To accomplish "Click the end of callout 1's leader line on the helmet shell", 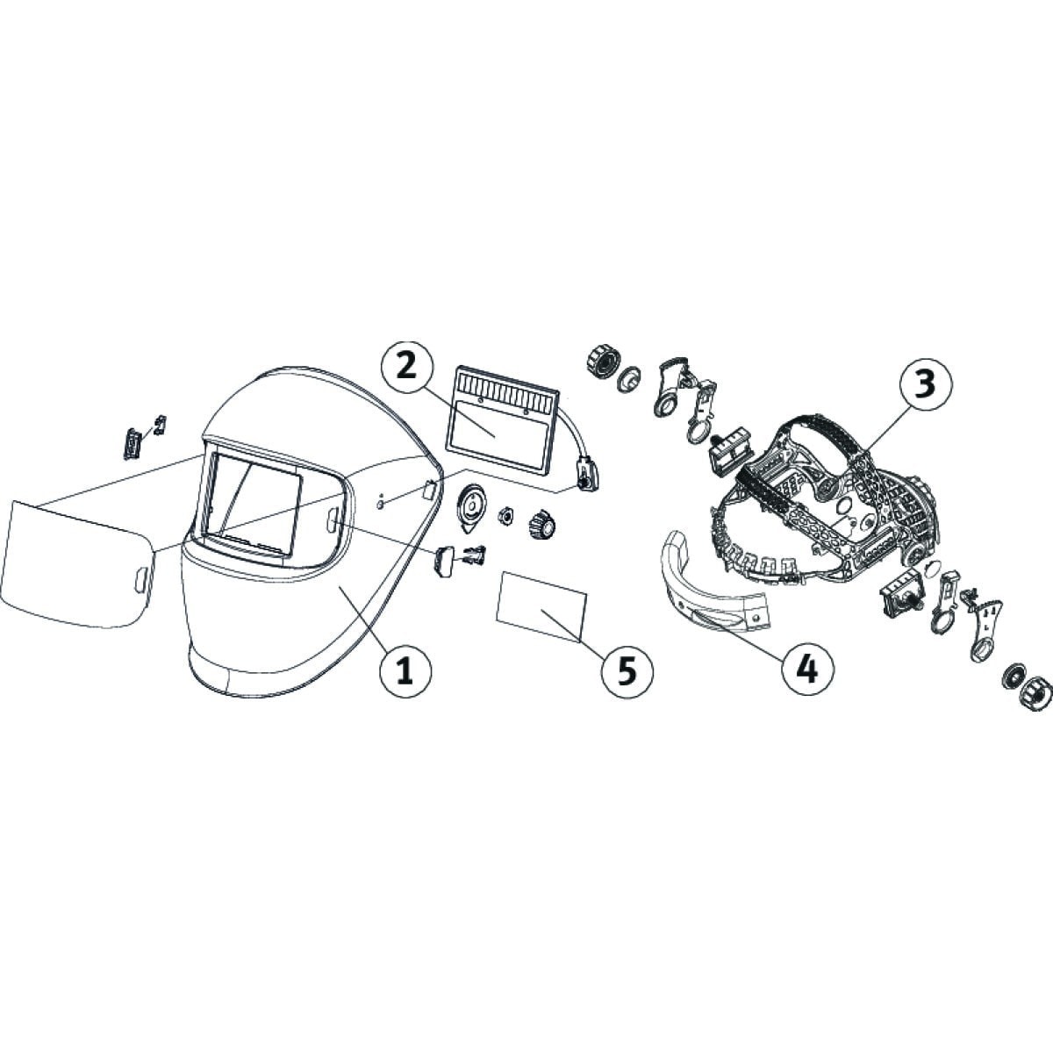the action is click(340, 587).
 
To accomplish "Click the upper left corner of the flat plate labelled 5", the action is click(504, 572).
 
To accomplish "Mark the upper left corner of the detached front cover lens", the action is click(12, 501).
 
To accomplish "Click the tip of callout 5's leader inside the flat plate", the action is click(542, 612).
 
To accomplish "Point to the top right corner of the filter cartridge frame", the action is click(559, 391).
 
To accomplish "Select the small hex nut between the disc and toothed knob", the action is click(505, 515).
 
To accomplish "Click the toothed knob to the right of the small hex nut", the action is click(541, 522).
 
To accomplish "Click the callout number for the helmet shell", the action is click(405, 670).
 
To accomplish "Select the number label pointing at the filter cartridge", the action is click(405, 367).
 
